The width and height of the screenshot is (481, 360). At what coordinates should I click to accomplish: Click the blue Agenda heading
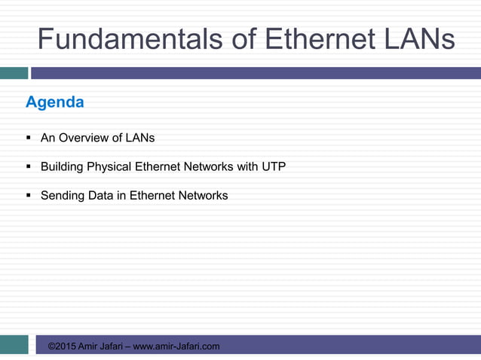(x=54, y=102)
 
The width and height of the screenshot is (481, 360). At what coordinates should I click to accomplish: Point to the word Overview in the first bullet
(x=84, y=138)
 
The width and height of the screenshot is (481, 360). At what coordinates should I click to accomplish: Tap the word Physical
(x=112, y=166)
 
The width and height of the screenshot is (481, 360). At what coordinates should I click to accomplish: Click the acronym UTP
(x=274, y=166)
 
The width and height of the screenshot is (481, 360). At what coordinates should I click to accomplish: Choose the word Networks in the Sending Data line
(x=203, y=196)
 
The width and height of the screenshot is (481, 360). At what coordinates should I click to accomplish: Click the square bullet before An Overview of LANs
(x=29, y=138)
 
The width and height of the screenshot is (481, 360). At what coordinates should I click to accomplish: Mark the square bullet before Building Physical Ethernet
(x=29, y=166)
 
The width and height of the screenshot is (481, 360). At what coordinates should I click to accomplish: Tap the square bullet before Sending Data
(x=29, y=196)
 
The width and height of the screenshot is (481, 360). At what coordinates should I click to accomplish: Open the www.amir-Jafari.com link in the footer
(x=176, y=346)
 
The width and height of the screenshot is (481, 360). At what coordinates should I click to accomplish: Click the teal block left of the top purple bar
(x=14, y=74)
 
